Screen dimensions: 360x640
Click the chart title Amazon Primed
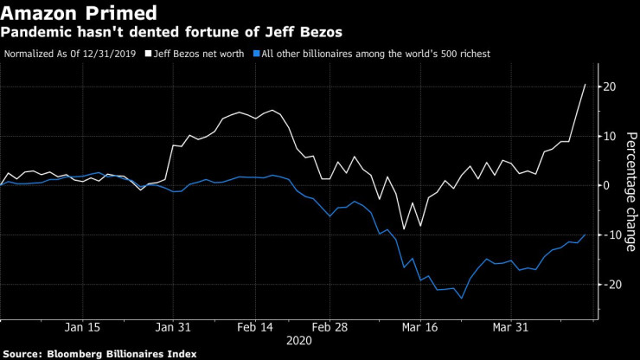point(80,13)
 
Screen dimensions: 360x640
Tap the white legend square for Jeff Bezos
point(148,54)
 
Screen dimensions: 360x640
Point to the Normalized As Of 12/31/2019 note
point(73,54)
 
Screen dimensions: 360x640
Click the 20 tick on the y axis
point(610,87)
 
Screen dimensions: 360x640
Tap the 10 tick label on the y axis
point(610,137)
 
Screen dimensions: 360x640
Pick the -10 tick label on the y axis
point(609,235)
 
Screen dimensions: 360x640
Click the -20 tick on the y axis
point(609,285)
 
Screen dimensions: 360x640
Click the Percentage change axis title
point(631,191)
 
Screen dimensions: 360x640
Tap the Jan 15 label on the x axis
point(82,328)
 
